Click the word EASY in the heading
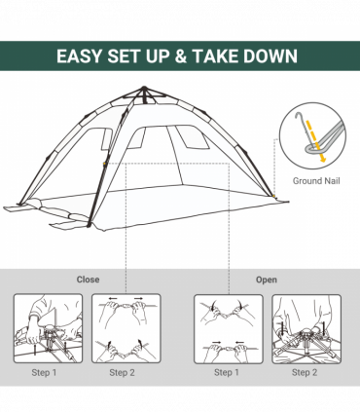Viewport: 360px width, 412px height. [82, 56]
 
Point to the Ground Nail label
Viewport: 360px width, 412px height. [315, 181]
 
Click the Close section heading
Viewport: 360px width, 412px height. [89, 280]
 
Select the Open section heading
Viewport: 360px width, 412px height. [266, 280]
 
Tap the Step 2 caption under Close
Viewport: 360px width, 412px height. [122, 372]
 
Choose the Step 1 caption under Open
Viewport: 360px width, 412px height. [226, 372]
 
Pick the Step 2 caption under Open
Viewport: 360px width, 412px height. [305, 372]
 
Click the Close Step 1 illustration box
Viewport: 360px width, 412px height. [48, 328]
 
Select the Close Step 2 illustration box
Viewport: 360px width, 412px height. [126, 328]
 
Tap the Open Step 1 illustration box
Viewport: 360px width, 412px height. [229, 328]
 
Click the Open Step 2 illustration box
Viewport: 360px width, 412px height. [306, 328]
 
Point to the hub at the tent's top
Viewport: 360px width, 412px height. [144, 94]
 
